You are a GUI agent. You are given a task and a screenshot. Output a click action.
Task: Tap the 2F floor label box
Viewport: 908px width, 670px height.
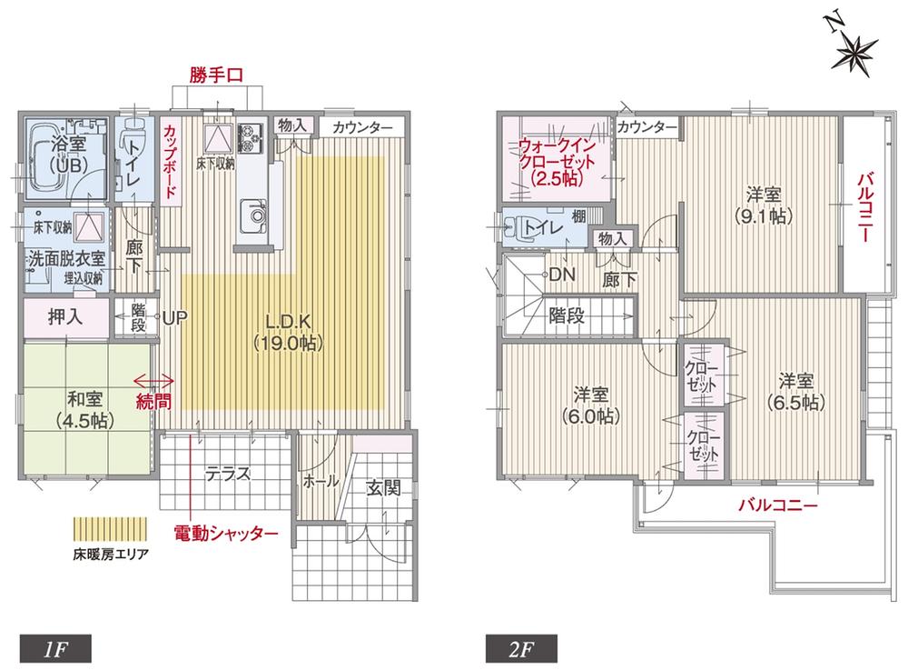tap(520, 649)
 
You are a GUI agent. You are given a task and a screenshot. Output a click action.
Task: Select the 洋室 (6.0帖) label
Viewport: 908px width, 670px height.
tap(591, 405)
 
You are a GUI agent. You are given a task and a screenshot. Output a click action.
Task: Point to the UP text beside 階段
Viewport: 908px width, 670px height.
tap(174, 318)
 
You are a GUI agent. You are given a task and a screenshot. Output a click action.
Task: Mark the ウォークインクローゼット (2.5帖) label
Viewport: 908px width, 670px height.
tap(556, 160)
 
